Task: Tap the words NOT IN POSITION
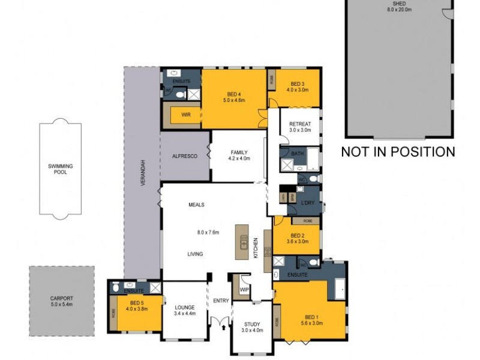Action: tap(398, 152)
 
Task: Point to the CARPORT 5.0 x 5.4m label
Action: tap(61, 301)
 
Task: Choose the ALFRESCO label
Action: tap(185, 156)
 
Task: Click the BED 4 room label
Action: tap(234, 97)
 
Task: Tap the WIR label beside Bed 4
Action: tap(186, 115)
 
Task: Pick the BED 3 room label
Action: tap(298, 87)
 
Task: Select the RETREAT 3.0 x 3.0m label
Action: tap(300, 127)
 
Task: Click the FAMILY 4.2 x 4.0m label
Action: tap(238, 155)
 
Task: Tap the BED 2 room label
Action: tap(298, 239)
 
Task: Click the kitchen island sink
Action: tap(244, 241)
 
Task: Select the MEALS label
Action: tap(196, 205)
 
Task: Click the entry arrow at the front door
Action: tap(223, 328)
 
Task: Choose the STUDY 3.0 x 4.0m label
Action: tap(252, 327)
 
